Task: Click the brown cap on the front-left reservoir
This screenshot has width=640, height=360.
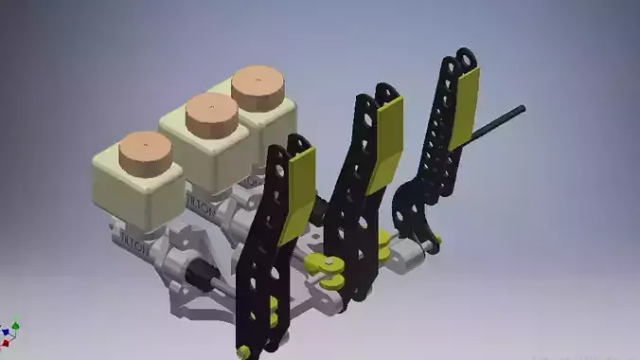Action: (x=147, y=152)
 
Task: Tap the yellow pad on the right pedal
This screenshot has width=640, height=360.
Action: (x=464, y=109)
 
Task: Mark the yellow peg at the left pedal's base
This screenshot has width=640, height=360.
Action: (x=245, y=351)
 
